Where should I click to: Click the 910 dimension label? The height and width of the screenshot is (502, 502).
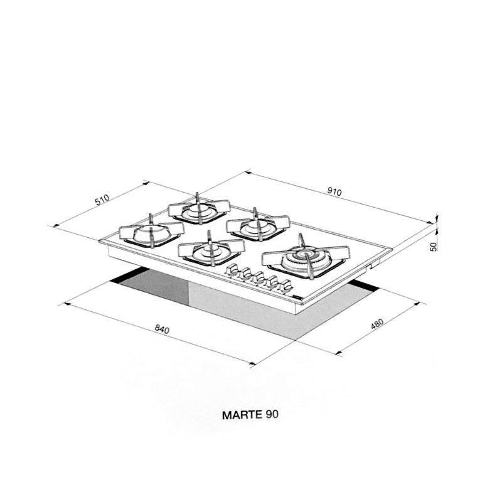[x=335, y=191]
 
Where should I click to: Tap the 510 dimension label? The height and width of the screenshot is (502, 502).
[x=102, y=200]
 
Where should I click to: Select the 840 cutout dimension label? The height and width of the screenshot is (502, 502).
[x=162, y=329]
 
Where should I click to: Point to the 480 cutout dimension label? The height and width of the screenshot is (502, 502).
[x=377, y=324]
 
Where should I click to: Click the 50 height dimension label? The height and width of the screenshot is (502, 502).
[x=433, y=247]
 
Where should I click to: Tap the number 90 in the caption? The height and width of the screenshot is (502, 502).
[x=272, y=415]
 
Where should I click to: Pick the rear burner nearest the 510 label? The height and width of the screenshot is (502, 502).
[x=199, y=208]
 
